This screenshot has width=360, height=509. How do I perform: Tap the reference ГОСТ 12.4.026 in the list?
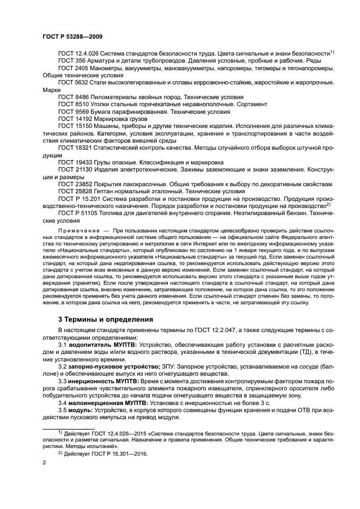(80, 53)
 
